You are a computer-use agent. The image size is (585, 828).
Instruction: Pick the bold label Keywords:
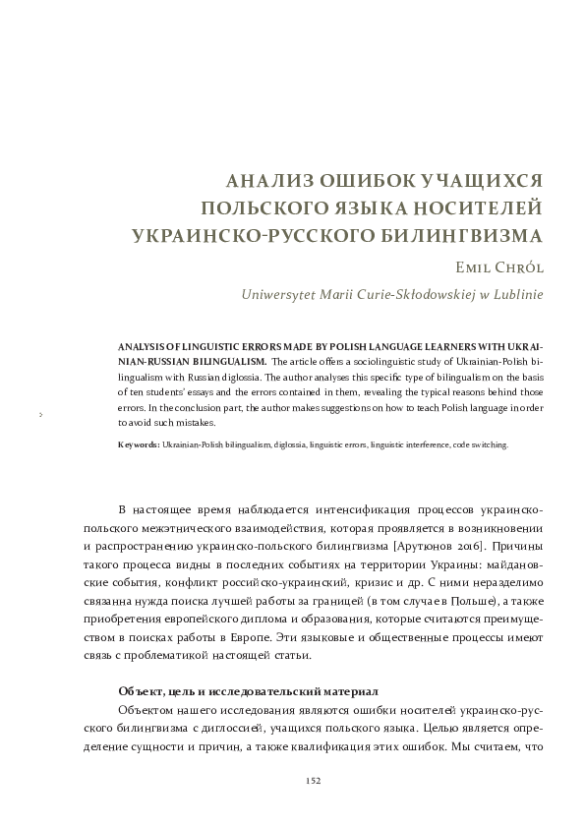pos(138,445)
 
